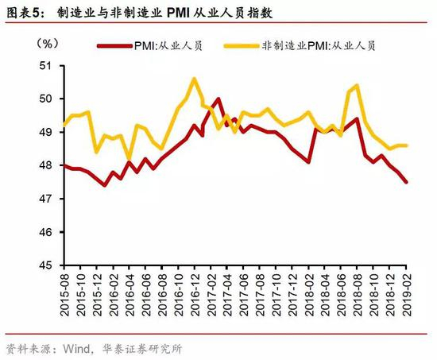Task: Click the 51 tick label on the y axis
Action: click(46, 66)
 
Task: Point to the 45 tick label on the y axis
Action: click(46, 265)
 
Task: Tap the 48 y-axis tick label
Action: click(46, 165)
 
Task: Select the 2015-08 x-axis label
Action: click(64, 295)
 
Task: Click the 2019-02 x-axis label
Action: click(407, 295)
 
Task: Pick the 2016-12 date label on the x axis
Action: click(195, 295)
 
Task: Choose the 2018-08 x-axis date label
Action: click(358, 295)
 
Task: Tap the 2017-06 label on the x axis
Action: click(244, 295)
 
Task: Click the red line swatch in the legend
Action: click(114, 46)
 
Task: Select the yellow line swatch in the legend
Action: click(242, 46)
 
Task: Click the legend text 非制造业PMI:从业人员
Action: click(319, 46)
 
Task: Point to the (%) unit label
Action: click(48, 43)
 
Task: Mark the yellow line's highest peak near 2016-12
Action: click(194, 79)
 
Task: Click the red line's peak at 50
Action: click(218, 99)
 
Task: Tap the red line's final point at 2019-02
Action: click(406, 182)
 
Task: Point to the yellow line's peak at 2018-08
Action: click(357, 86)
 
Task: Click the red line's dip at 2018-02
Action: click(308, 162)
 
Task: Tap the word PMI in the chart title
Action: click(177, 13)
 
